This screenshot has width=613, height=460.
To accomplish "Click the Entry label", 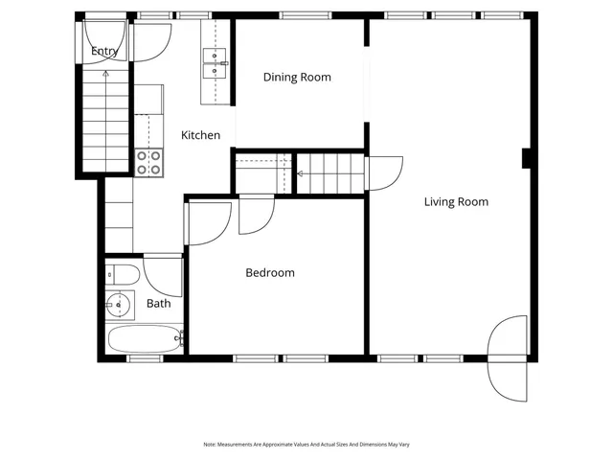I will click(x=103, y=51).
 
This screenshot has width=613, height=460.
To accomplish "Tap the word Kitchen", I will click(x=201, y=135).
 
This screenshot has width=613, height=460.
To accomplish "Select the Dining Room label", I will click(x=297, y=77).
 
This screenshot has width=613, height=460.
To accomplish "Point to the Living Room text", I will click(x=456, y=201).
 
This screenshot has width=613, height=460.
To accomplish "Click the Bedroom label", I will click(x=270, y=273).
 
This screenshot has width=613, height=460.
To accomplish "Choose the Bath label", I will click(x=159, y=304).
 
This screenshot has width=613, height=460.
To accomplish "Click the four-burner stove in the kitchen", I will click(x=148, y=162).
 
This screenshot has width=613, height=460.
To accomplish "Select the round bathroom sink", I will click(x=118, y=305).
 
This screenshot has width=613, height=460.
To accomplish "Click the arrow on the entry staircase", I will click(x=104, y=72).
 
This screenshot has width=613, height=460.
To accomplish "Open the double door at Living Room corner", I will click(x=508, y=358).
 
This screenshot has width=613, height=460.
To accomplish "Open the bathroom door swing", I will click(x=164, y=273).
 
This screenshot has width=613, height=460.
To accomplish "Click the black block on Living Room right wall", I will click(x=526, y=158).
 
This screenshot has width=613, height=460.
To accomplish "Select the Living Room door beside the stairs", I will click(x=384, y=172).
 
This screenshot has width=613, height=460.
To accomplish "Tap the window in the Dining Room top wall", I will click(x=306, y=15).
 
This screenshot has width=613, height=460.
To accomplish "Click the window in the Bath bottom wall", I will click(x=145, y=358).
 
